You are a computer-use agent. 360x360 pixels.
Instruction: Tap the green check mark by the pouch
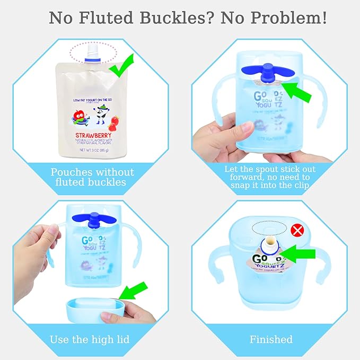tap(122, 67)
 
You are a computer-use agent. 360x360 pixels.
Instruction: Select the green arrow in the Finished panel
tap(296, 255)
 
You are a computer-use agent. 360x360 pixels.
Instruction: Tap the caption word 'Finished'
tap(271, 339)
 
